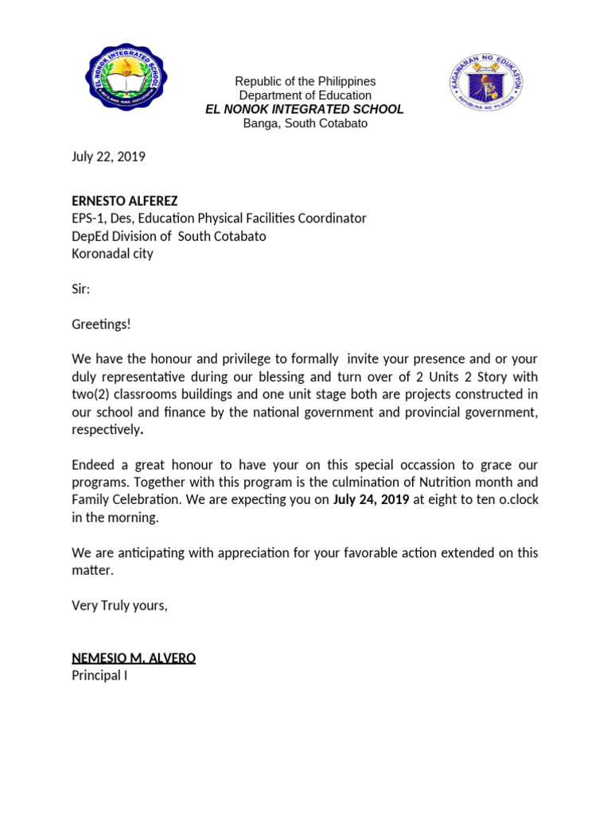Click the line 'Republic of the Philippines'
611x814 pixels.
pyautogui.click(x=305, y=82)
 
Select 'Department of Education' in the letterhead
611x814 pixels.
pyautogui.click(x=305, y=95)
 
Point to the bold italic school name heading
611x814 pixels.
pyautogui.click(x=305, y=110)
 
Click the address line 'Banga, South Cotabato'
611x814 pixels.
pyautogui.click(x=305, y=124)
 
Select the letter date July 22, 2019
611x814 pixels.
pyautogui.click(x=109, y=157)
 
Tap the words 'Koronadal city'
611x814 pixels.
pyautogui.click(x=112, y=254)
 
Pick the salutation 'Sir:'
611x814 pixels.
pyautogui.click(x=81, y=290)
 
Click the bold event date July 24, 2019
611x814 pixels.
pyautogui.click(x=372, y=500)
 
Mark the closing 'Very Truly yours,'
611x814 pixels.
pyautogui.click(x=119, y=606)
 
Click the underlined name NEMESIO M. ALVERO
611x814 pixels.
pyautogui.click(x=134, y=658)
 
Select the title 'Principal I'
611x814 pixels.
pyautogui.click(x=99, y=676)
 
